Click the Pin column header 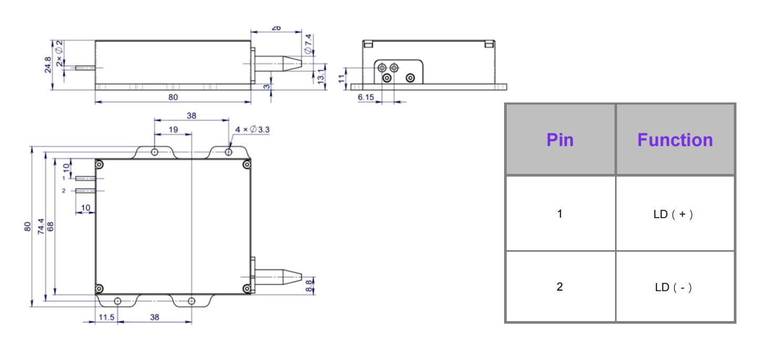(560, 140)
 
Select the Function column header (675, 140)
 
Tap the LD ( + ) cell (675, 214)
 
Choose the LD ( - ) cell (675, 287)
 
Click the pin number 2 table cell (560, 287)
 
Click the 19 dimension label (172, 129)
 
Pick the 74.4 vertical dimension (41, 226)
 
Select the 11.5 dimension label (107, 317)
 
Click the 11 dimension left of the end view (342, 78)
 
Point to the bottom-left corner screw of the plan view (99, 289)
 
